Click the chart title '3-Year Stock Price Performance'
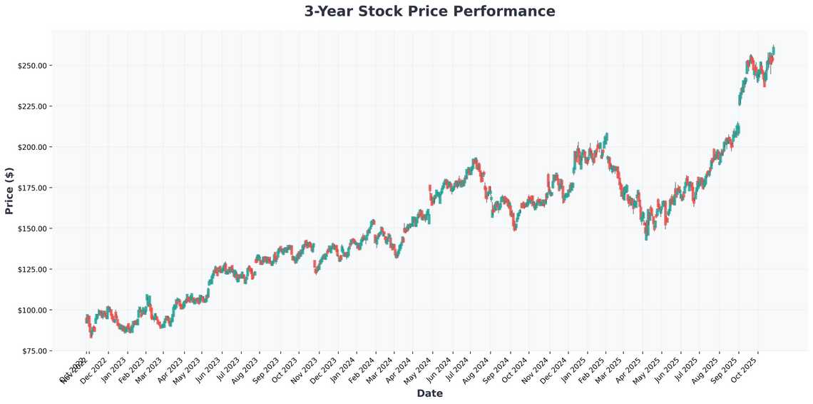coord(429,11)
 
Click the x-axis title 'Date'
coord(429,393)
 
